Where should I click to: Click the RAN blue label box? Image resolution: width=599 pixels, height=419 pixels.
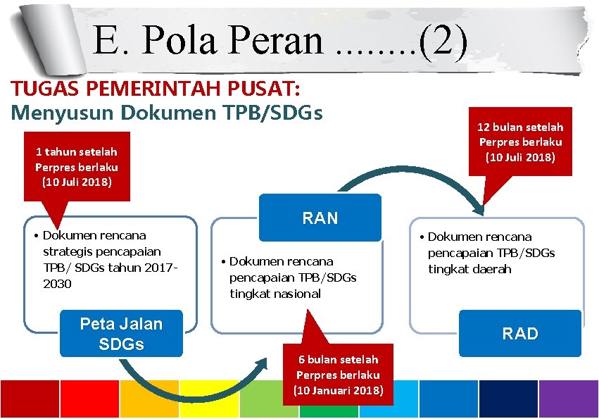(x=320, y=218)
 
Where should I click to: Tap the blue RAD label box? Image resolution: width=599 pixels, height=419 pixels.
(x=520, y=333)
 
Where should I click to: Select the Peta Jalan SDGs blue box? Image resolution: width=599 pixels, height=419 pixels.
(x=121, y=334)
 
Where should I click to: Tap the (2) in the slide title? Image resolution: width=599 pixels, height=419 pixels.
(x=443, y=41)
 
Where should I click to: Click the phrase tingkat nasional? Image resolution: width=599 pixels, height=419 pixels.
(x=275, y=294)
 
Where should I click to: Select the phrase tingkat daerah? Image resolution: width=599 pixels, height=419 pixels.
(x=469, y=269)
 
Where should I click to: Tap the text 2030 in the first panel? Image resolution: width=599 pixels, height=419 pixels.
(x=57, y=284)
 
